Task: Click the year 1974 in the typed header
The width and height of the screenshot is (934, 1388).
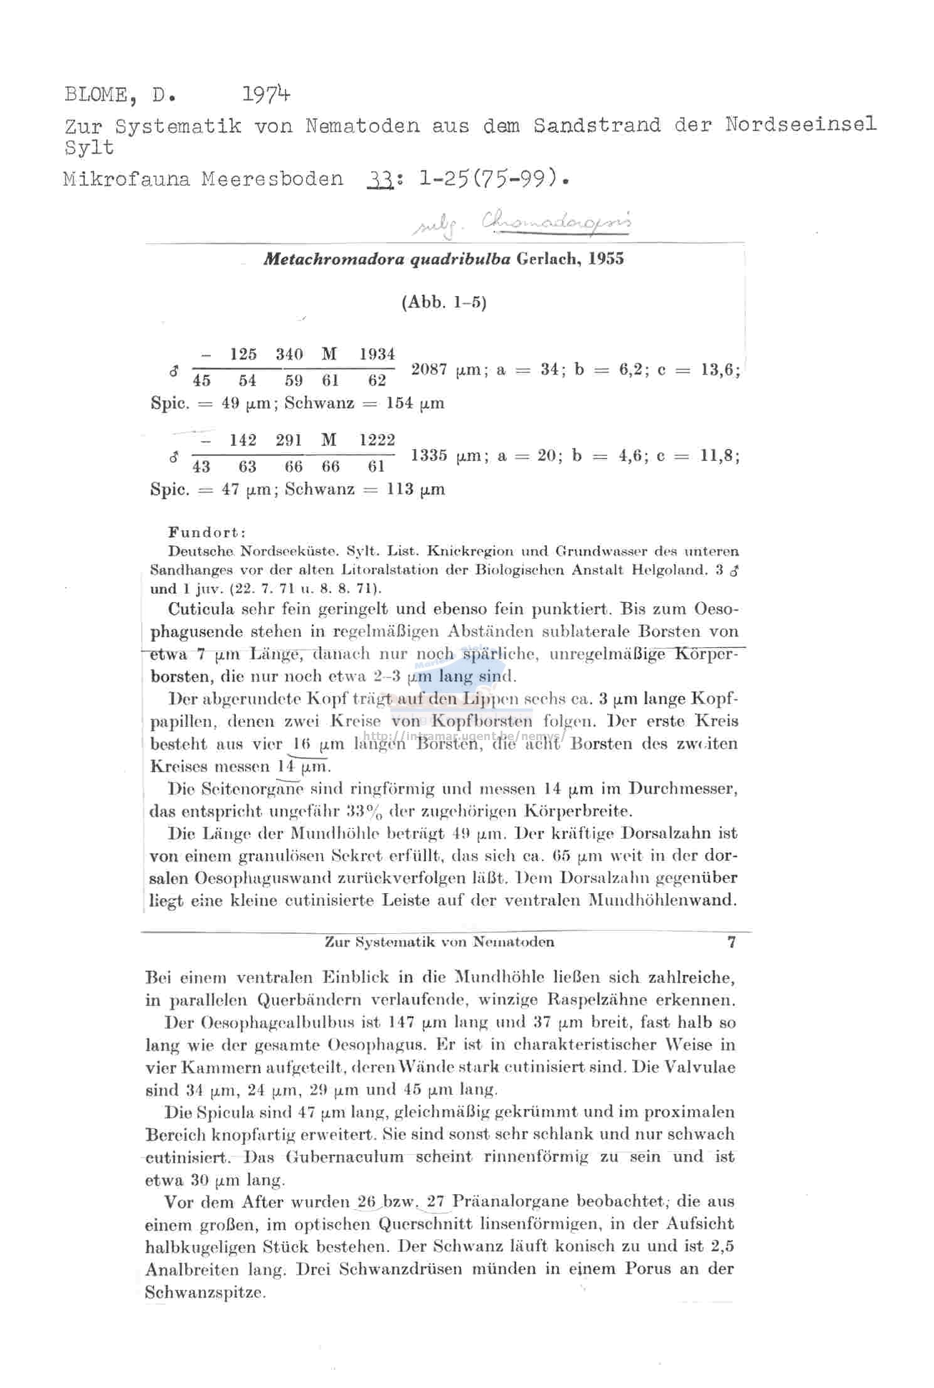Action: pyautogui.click(x=266, y=95)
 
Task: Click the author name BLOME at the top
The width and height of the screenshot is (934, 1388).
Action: pyautogui.click(x=97, y=95)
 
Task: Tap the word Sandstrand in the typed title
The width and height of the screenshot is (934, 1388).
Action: pyautogui.click(x=597, y=125)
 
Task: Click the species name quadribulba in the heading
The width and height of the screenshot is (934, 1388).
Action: pyautogui.click(x=460, y=259)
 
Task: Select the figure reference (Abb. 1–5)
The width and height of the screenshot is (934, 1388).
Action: pyautogui.click(x=443, y=303)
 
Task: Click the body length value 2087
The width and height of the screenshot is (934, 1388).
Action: pyautogui.click(x=430, y=369)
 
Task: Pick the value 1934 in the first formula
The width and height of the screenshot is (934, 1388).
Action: pyautogui.click(x=376, y=354)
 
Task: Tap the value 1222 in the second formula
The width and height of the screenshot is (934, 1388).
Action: pyautogui.click(x=376, y=440)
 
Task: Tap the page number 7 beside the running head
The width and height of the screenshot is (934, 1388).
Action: pyautogui.click(x=731, y=941)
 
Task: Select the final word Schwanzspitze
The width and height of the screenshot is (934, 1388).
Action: pyautogui.click(x=205, y=1292)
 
